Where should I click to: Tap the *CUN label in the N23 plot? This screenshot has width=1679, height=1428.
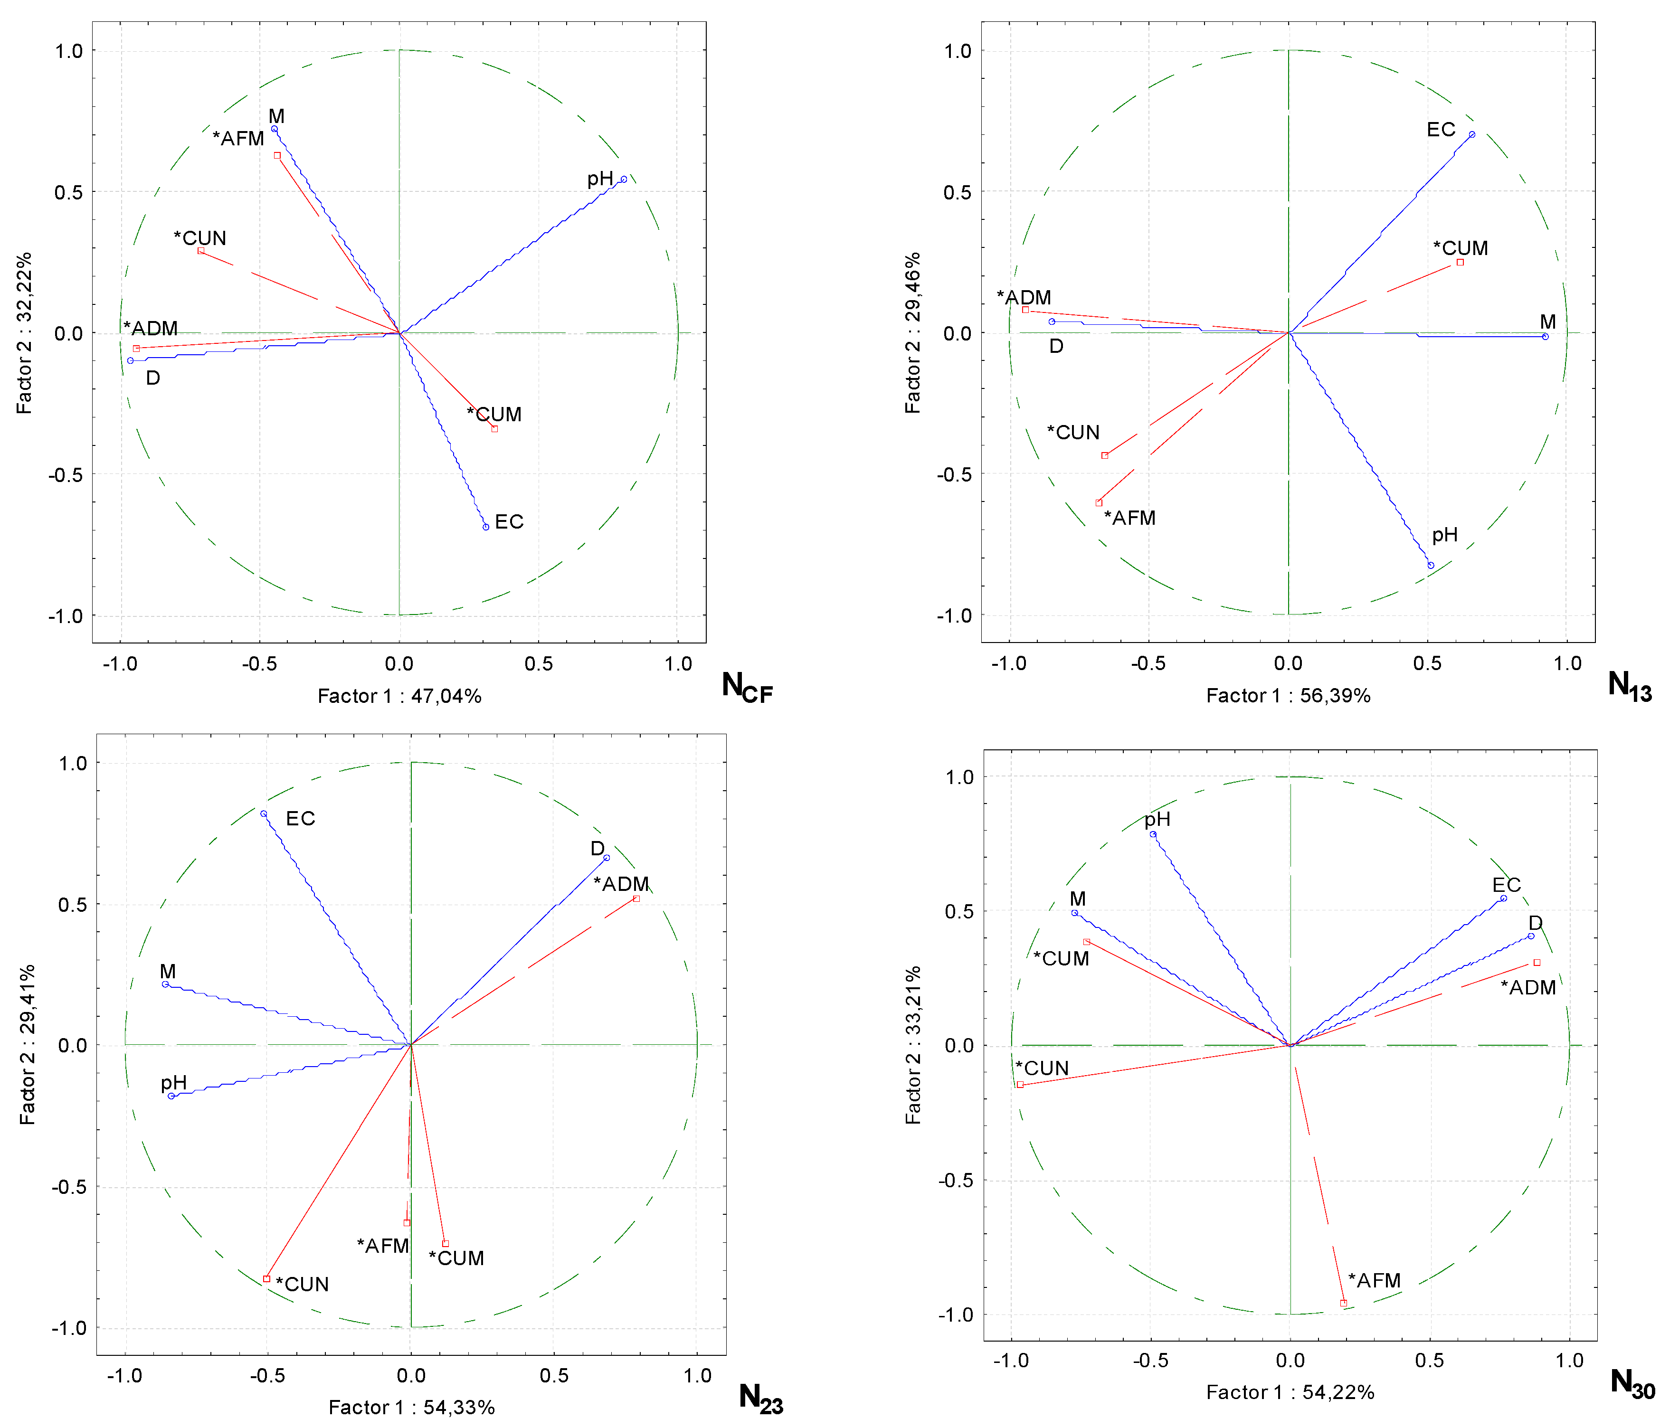pyautogui.click(x=302, y=1285)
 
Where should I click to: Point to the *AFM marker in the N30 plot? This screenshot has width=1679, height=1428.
pyautogui.click(x=1343, y=1303)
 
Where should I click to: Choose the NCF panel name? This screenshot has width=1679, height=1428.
pyautogui.click(x=746, y=687)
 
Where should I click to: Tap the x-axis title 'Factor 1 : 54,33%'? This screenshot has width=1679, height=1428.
pyautogui.click(x=411, y=1407)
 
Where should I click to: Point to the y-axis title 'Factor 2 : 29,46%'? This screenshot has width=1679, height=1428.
pyautogui.click(x=912, y=333)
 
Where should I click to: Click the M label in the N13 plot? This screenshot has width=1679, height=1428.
pyautogui.click(x=1547, y=322)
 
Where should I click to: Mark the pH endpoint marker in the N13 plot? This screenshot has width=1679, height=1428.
pyautogui.click(x=1431, y=565)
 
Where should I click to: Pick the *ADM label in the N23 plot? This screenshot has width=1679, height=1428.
pyautogui.click(x=621, y=884)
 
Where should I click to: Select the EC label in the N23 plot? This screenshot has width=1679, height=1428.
pyautogui.click(x=300, y=818)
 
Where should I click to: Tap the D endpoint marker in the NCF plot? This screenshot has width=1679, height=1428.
pyautogui.click(x=130, y=360)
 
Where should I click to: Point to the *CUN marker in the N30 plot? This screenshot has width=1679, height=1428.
pyautogui.click(x=1020, y=1084)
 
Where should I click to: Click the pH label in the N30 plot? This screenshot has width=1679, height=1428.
pyautogui.click(x=1157, y=819)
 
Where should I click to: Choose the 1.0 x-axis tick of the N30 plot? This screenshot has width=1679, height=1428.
pyautogui.click(x=1569, y=1360)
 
